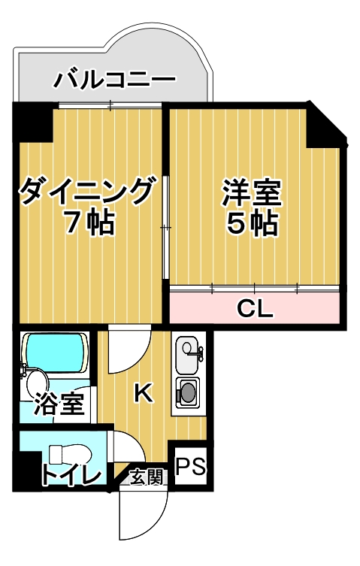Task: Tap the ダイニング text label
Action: (89, 192)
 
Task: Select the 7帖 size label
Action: (89, 223)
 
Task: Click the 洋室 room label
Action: (253, 192)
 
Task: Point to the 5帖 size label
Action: (253, 224)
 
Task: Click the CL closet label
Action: (255, 307)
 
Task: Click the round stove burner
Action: (187, 392)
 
